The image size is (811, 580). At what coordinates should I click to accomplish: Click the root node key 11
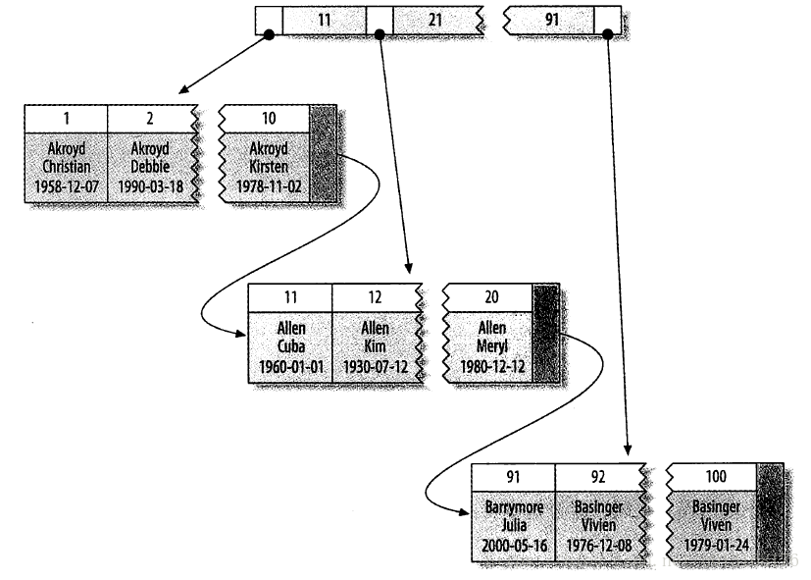pyautogui.click(x=324, y=19)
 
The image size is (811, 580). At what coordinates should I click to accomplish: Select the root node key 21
pyautogui.click(x=433, y=19)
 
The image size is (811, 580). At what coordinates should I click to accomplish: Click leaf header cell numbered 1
pyautogui.click(x=65, y=117)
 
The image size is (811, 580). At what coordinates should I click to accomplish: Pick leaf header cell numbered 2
pyautogui.click(x=149, y=117)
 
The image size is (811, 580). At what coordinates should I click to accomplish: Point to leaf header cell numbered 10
pyautogui.click(x=269, y=117)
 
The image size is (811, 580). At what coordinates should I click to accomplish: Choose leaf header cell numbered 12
pyautogui.click(x=375, y=297)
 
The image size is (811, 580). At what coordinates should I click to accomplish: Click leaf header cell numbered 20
pyautogui.click(x=491, y=297)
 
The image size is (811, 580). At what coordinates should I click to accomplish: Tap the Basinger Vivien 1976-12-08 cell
pyautogui.click(x=597, y=524)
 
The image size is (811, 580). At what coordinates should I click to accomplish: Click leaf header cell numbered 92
pyautogui.click(x=597, y=476)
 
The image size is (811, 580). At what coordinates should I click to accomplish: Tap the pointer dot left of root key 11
pyautogui.click(x=268, y=34)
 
